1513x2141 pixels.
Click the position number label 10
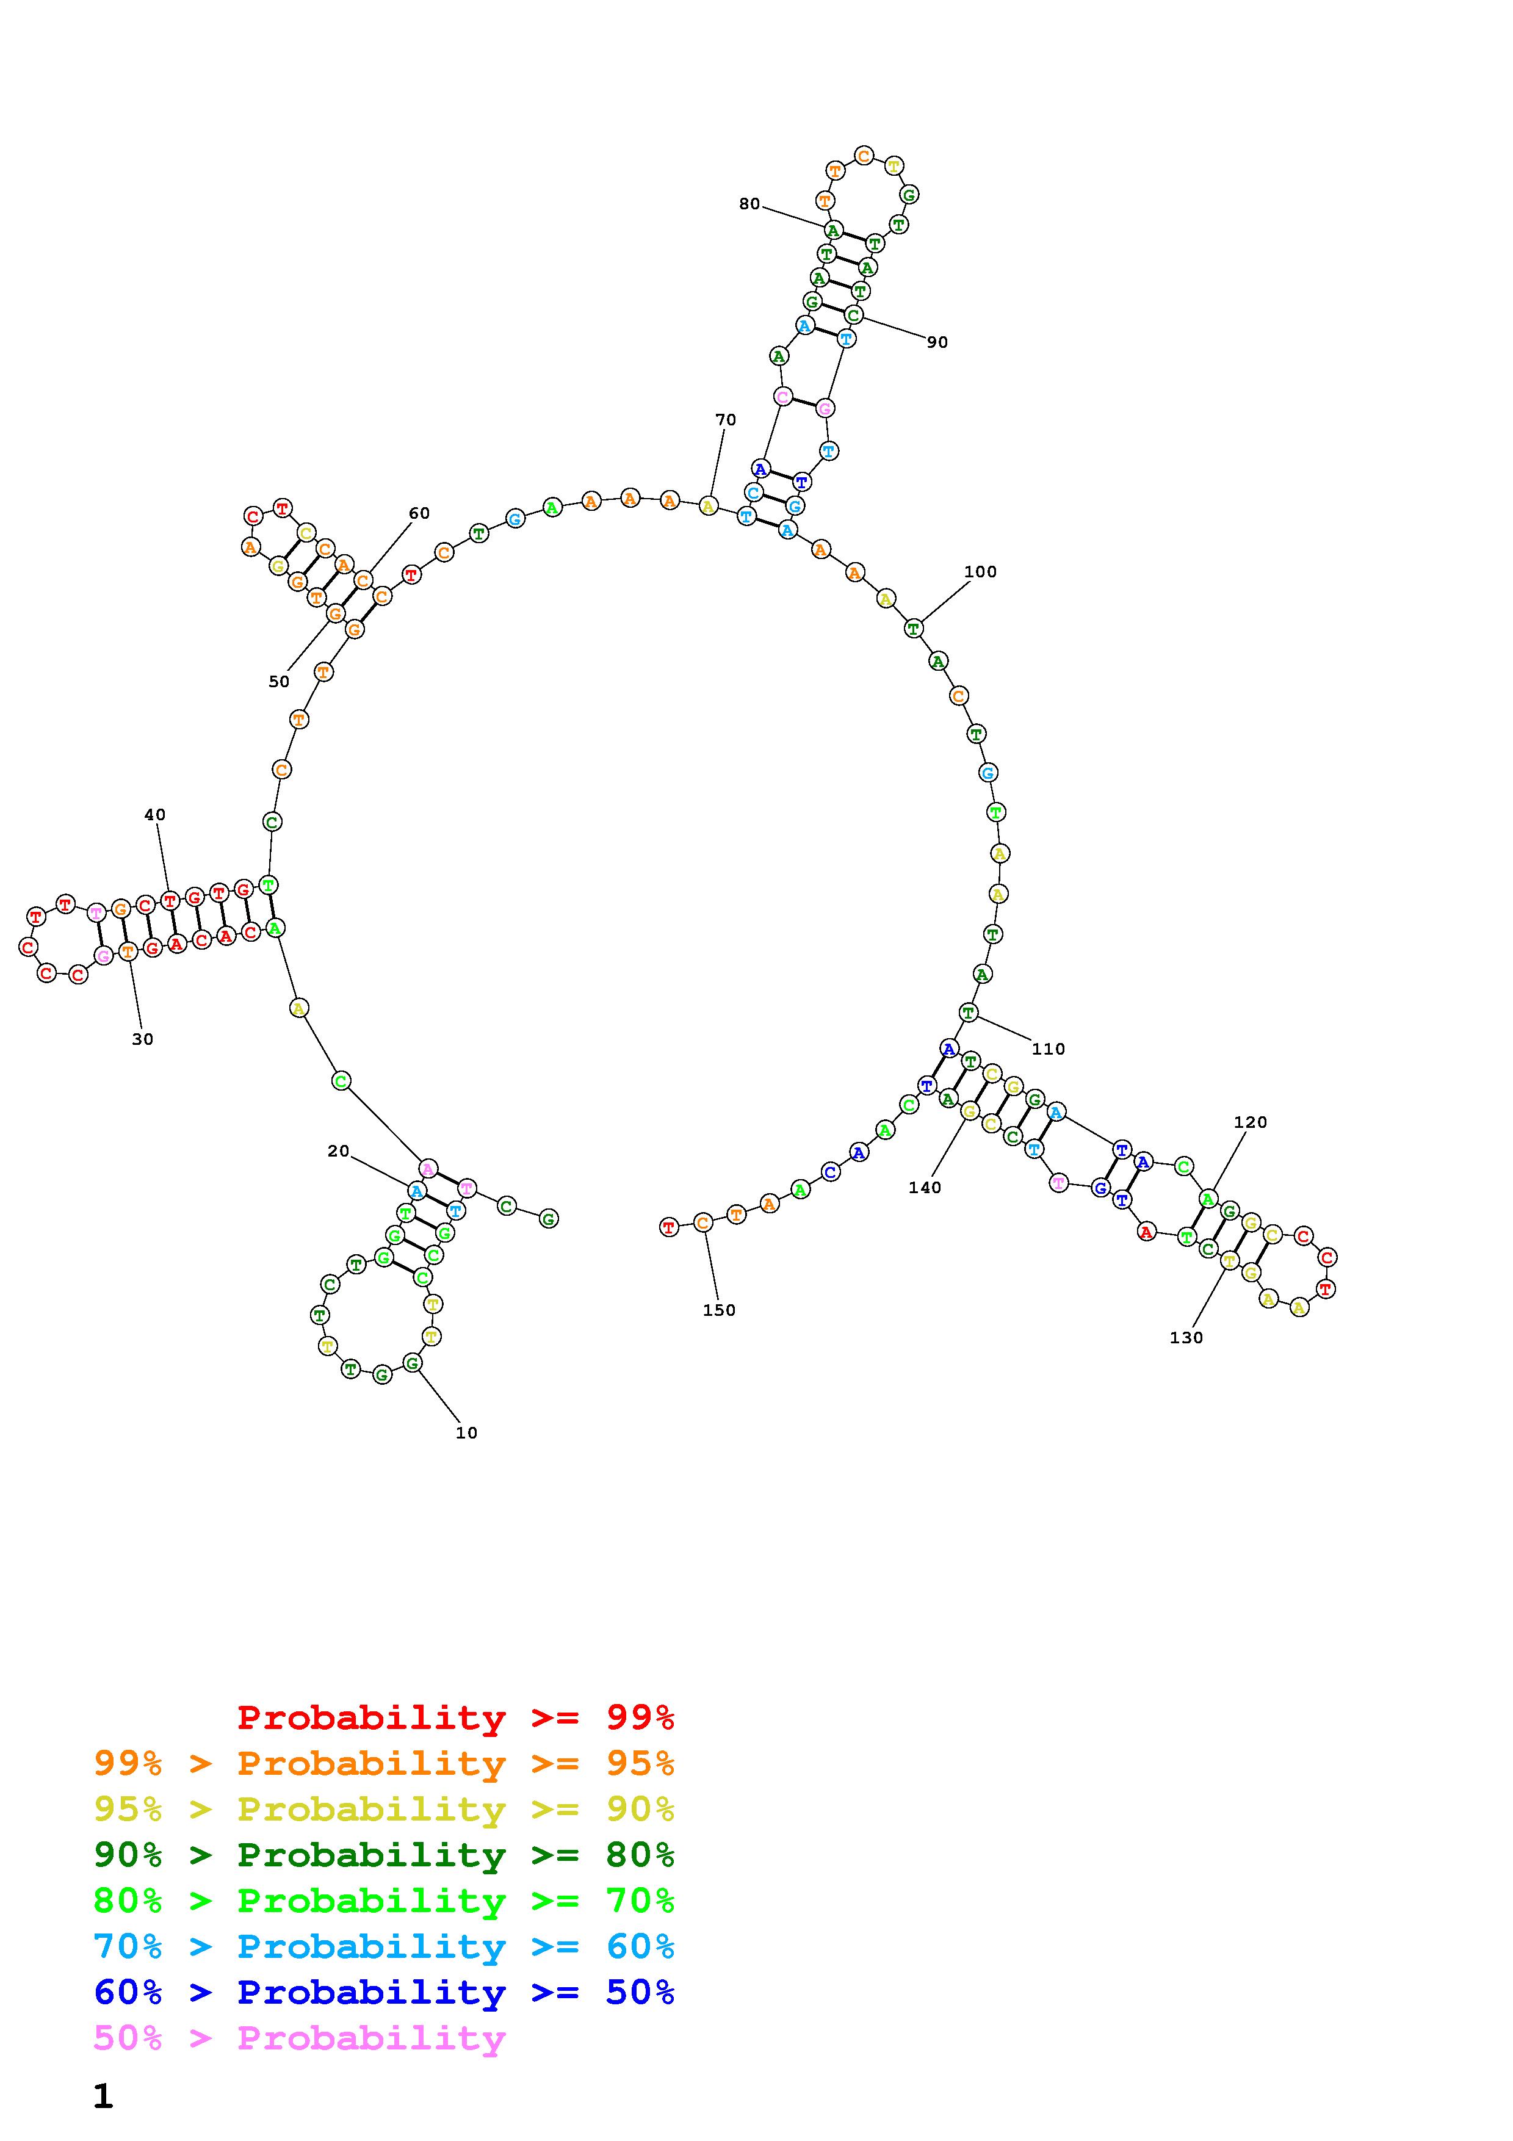click(466, 1432)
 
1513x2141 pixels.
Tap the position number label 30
click(143, 1039)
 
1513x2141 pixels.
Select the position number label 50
click(279, 682)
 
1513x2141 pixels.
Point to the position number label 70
click(725, 420)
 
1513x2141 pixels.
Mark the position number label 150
click(719, 1310)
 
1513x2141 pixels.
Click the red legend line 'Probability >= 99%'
click(456, 1717)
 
